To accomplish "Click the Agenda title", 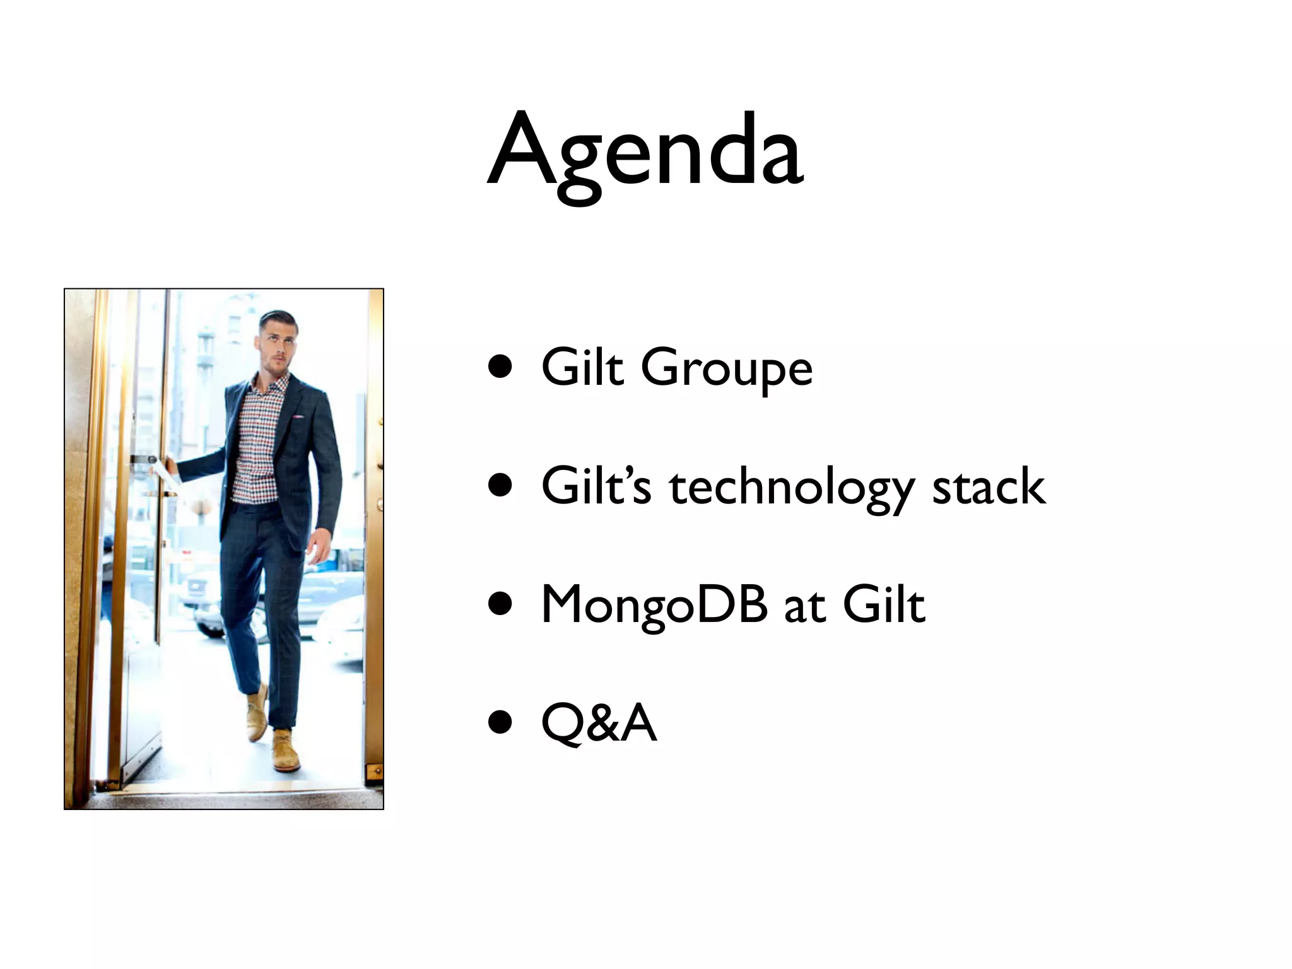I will pyautogui.click(x=645, y=151).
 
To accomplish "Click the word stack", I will pyautogui.click(x=989, y=487).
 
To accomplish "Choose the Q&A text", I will pyautogui.click(x=599, y=723).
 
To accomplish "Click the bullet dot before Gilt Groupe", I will pyautogui.click(x=500, y=367).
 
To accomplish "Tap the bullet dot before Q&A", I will pyautogui.click(x=500, y=723).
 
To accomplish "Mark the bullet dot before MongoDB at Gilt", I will pyautogui.click(x=500, y=604).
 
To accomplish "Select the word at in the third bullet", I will pyautogui.click(x=804, y=606).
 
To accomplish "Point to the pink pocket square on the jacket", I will pyautogui.click(x=297, y=417).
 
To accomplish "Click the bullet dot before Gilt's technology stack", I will pyautogui.click(x=500, y=486).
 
